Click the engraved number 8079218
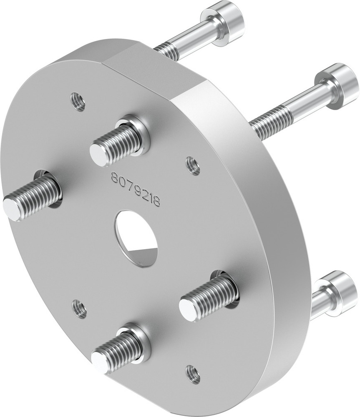coord(136,189)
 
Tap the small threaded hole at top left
coord(78,102)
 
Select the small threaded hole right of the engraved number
coord(192,166)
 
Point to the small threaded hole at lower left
coord(79,309)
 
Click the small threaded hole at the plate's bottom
coord(192,374)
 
